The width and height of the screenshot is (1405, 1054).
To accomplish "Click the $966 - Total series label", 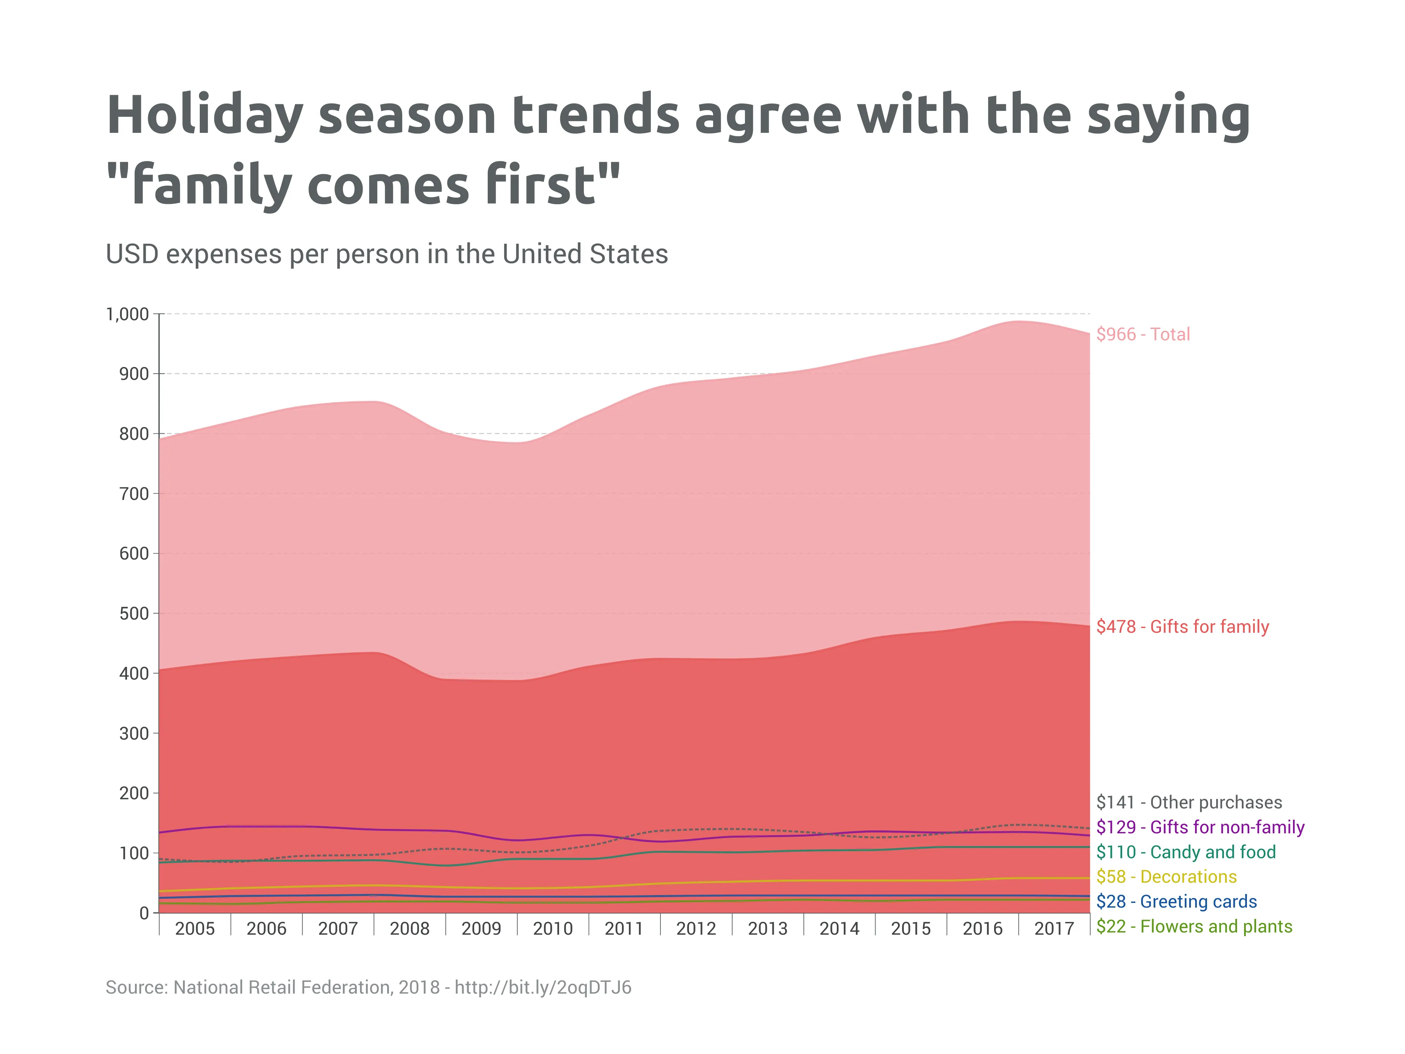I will tap(1143, 334).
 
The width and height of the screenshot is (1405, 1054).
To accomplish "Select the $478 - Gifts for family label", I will tap(1182, 627).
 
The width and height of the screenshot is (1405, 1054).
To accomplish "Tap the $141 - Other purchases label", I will tap(1188, 803).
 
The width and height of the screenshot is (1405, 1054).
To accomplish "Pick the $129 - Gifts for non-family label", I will tap(1200, 827).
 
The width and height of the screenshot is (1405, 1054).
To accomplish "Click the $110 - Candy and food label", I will tap(1185, 852).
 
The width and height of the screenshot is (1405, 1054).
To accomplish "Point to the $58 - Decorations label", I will tap(1166, 877).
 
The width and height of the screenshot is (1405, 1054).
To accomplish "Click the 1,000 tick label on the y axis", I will tap(127, 314).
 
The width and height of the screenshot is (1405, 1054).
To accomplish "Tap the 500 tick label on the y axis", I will tap(134, 614).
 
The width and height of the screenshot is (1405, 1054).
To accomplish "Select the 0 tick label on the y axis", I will tap(144, 913).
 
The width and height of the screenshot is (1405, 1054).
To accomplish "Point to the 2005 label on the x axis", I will tap(195, 929).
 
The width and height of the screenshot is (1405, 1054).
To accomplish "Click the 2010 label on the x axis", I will tap(552, 929).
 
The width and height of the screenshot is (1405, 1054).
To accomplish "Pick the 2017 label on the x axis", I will tap(1054, 929).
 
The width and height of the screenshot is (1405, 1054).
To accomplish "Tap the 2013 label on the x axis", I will tap(767, 929).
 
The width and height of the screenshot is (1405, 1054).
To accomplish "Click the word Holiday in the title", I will tap(205, 116).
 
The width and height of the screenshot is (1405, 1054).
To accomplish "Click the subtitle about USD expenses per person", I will tap(386, 254).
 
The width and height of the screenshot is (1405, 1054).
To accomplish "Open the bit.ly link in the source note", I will tap(543, 987).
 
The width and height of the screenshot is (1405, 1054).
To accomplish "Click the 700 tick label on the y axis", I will tap(134, 494).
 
